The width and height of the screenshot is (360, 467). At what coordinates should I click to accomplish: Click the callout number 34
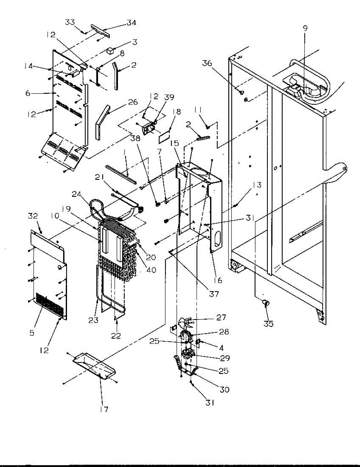131,23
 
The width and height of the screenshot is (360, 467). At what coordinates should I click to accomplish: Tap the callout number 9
305,28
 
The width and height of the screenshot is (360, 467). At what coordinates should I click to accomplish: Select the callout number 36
208,63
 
